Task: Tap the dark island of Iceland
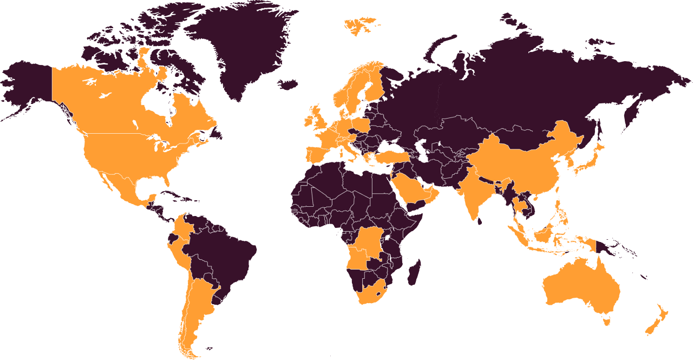(x=289, y=84)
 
